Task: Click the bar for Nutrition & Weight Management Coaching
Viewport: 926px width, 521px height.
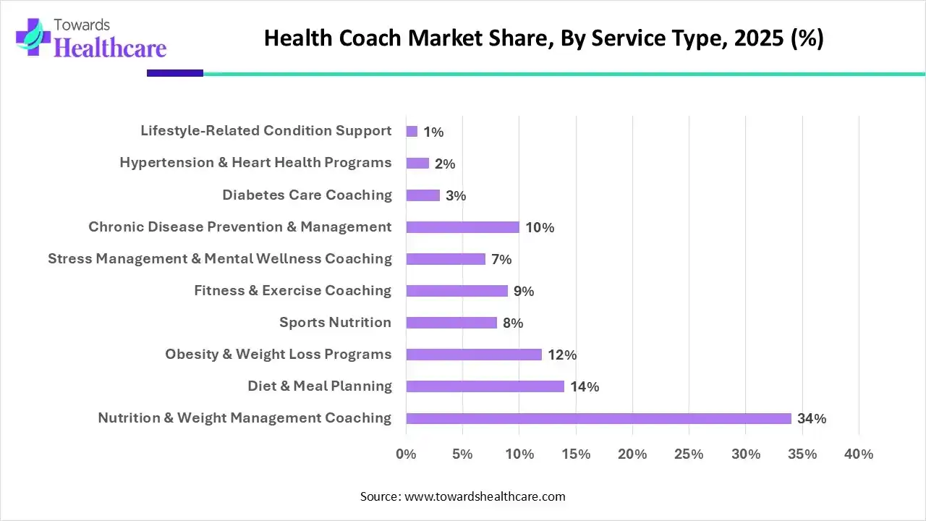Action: (598, 418)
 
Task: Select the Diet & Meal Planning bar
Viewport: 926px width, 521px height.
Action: (485, 386)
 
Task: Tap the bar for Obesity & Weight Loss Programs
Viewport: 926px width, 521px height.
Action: (474, 355)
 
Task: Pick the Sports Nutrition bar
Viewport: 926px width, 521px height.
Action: (451, 323)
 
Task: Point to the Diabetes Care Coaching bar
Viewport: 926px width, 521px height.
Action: (423, 195)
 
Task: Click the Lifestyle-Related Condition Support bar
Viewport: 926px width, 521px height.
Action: (412, 132)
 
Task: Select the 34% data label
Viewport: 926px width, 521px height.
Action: (812, 418)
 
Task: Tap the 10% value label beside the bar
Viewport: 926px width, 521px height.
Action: (540, 227)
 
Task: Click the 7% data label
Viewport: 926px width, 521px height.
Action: (501, 259)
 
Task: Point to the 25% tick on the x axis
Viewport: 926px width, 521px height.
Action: (689, 454)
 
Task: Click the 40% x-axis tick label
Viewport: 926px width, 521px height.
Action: (859, 454)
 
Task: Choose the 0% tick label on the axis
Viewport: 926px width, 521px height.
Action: (406, 454)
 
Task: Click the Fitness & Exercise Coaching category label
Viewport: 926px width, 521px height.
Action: (292, 290)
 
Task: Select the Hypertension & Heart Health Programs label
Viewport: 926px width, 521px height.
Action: (255, 163)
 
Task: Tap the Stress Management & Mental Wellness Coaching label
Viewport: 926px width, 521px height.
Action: (220, 258)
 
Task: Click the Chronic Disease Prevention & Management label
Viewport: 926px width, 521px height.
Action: (240, 226)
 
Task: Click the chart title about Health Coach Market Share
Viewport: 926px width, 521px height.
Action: (543, 38)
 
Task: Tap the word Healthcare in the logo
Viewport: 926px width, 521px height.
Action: (110, 48)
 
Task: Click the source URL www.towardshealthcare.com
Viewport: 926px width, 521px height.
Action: (483, 496)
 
